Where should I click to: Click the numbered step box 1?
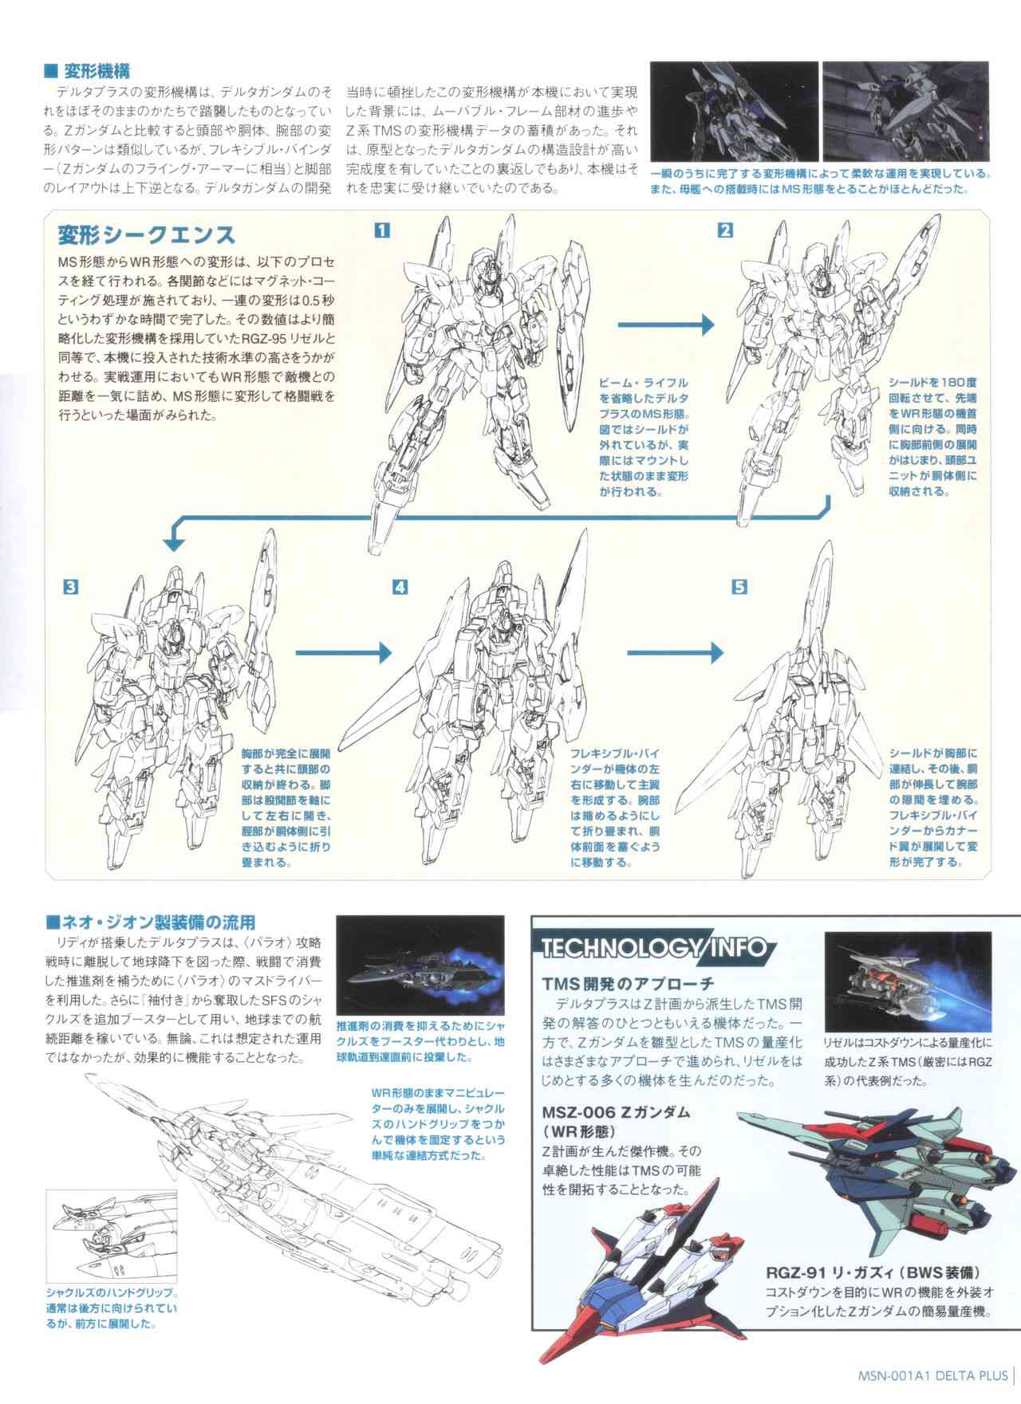(x=382, y=231)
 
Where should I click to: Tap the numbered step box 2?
(x=725, y=231)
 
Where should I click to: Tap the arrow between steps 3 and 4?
(x=344, y=653)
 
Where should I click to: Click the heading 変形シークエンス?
(x=146, y=235)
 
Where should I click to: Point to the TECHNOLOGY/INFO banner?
(x=654, y=948)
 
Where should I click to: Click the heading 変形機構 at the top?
(x=88, y=70)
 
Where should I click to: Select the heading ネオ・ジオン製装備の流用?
(x=150, y=922)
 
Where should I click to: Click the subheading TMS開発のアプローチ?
(x=628, y=984)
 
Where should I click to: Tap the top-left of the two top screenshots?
(x=734, y=111)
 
